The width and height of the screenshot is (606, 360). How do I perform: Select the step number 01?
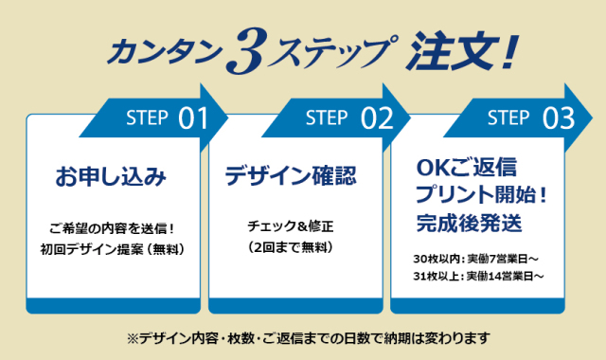(193, 119)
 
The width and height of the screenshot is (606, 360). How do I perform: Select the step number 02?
(376, 119)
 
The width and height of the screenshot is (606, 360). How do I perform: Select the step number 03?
(558, 119)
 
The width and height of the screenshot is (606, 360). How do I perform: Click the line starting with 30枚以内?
(477, 259)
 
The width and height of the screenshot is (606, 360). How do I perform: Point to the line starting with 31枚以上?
(479, 276)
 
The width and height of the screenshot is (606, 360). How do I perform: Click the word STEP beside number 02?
(328, 118)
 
